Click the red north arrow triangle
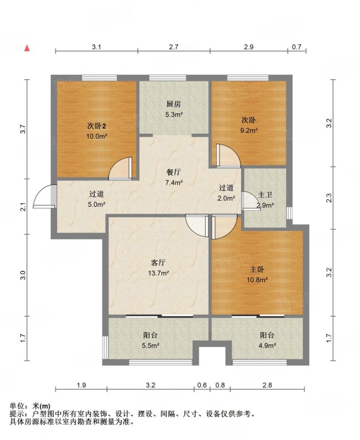click(x=27, y=48)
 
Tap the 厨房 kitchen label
click(x=173, y=105)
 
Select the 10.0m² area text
click(x=97, y=136)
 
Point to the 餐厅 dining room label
click(x=173, y=172)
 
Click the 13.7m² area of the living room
click(x=159, y=273)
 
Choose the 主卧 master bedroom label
click(x=257, y=269)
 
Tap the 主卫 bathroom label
click(x=265, y=195)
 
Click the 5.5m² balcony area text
click(x=150, y=345)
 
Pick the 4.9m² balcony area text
click(x=267, y=345)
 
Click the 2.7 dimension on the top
click(x=173, y=47)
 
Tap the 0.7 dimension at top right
click(x=297, y=47)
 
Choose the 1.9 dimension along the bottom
click(x=81, y=385)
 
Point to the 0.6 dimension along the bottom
click(x=202, y=385)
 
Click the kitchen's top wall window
click(x=168, y=78)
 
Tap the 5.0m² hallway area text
click(x=96, y=205)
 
